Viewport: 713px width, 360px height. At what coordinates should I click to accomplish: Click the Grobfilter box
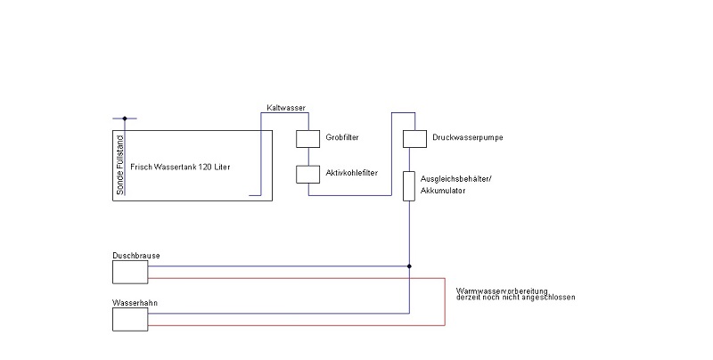(x=307, y=139)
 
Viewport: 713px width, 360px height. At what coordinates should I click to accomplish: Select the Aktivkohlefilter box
(x=307, y=174)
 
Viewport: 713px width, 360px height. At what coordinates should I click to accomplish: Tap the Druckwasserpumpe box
(x=414, y=139)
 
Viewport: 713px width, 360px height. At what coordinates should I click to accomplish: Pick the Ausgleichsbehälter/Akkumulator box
(x=409, y=186)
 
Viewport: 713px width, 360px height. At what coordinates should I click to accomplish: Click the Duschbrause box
(x=130, y=272)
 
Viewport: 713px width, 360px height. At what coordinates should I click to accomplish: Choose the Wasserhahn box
(x=130, y=319)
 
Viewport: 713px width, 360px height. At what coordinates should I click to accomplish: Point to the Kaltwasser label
(x=286, y=108)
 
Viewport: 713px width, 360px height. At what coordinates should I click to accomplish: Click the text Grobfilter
(x=342, y=137)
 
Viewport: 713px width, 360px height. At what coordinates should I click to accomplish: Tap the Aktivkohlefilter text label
(x=351, y=173)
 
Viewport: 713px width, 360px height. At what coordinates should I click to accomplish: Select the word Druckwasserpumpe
(x=467, y=137)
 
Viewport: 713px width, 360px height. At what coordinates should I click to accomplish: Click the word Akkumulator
(x=442, y=191)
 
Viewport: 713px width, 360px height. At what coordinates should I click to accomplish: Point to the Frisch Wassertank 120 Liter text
(x=180, y=167)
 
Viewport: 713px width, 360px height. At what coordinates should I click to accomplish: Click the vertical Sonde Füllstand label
(x=120, y=165)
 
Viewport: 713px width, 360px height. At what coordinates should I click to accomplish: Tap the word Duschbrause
(x=136, y=256)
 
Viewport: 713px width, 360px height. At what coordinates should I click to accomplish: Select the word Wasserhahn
(x=135, y=303)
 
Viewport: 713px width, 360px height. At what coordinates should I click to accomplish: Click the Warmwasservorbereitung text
(x=502, y=290)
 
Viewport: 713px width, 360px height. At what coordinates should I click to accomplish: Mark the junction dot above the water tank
(x=125, y=119)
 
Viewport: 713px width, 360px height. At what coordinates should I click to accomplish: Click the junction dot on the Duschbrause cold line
(x=409, y=266)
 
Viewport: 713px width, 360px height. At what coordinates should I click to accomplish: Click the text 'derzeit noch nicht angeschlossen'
(x=516, y=298)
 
